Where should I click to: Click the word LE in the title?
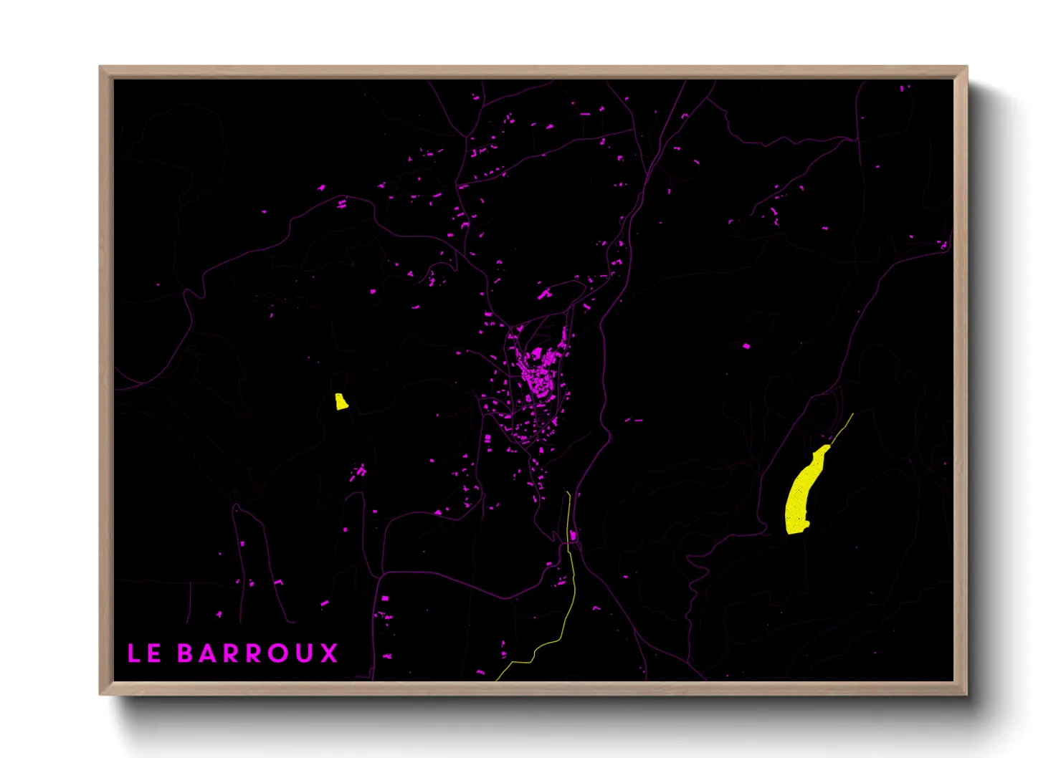[x=144, y=653]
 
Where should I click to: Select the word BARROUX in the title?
[x=257, y=653]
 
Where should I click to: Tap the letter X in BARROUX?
[x=329, y=653]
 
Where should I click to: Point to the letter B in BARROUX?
[x=185, y=653]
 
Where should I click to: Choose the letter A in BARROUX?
[x=208, y=653]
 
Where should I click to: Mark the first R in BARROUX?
[x=232, y=653]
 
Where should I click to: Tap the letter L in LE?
[x=134, y=653]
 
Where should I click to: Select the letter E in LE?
[x=154, y=653]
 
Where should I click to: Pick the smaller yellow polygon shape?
[x=341, y=401]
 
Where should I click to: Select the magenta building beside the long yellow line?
[x=574, y=535]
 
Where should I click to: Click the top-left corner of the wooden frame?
[x=100, y=67]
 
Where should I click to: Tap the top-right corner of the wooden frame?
[x=966, y=67]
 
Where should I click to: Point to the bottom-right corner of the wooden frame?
[x=966, y=694]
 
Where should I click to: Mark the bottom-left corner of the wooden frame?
[x=100, y=694]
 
